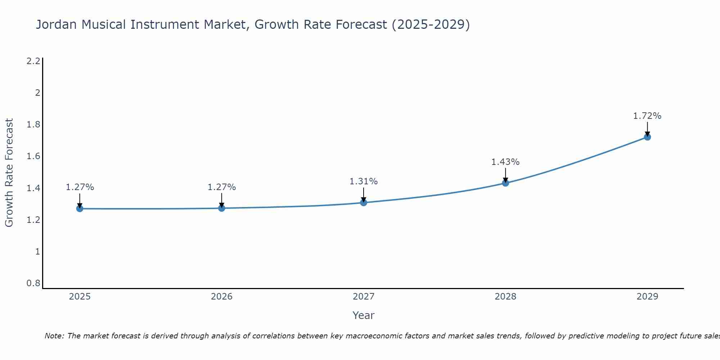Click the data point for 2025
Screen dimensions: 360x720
[x=80, y=208]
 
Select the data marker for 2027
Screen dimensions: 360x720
[x=363, y=202]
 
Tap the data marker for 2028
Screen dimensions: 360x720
[x=505, y=183]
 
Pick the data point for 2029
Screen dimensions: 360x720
[x=647, y=137]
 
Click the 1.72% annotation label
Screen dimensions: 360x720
[x=647, y=116]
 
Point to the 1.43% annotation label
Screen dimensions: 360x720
[x=505, y=162]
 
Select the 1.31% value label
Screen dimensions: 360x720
[x=363, y=181]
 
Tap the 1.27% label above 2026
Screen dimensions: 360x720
[x=221, y=187]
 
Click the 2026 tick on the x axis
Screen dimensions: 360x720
[x=221, y=297]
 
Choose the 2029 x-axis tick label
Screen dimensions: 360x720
[x=647, y=297]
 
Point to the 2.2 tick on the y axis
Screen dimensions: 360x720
[x=33, y=61]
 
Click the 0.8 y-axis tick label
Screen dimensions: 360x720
[x=33, y=283]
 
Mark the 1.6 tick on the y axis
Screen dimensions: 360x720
[x=33, y=156]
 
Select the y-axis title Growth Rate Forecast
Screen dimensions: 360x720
[x=9, y=173]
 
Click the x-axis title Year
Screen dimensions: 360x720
[x=363, y=315]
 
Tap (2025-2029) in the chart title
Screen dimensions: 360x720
[x=431, y=25]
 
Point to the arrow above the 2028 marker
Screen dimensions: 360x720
[x=505, y=176]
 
